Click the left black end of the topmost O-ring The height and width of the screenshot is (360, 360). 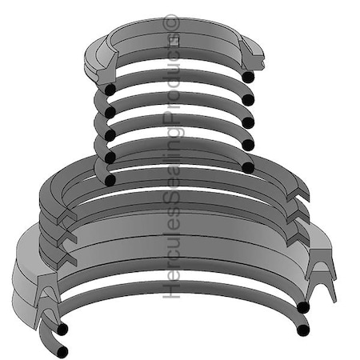(108, 87)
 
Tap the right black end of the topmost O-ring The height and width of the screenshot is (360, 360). (248, 77)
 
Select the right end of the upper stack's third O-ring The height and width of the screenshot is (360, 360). (248, 122)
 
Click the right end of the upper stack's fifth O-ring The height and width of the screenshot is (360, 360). (248, 168)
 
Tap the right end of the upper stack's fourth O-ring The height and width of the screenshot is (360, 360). (248, 145)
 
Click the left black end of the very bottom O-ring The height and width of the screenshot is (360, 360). (62, 351)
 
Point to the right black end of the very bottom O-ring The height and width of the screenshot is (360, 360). (302, 330)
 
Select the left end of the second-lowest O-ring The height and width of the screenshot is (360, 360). (61, 329)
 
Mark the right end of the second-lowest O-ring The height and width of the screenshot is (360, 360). (302, 307)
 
